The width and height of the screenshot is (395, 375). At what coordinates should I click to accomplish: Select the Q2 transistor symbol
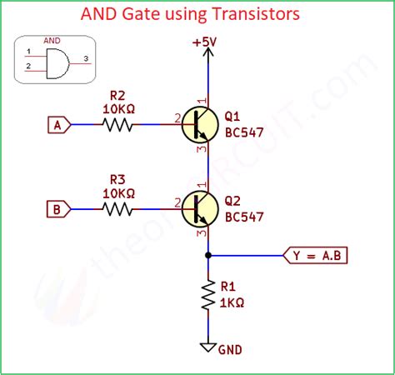pos(203,208)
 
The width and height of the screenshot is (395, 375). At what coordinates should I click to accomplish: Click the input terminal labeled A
pos(57,125)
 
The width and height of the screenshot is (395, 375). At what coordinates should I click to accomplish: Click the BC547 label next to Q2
pos(243,216)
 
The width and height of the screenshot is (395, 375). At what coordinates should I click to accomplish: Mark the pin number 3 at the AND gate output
pos(86,57)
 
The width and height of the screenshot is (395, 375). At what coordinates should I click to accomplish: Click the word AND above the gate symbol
pos(52,40)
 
